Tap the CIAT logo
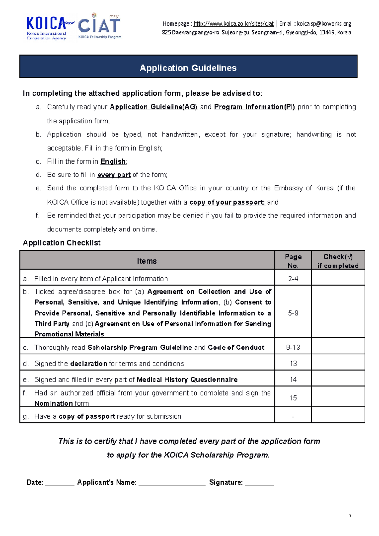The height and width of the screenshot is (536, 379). coord(99,27)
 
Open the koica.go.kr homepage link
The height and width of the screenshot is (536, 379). coord(233,24)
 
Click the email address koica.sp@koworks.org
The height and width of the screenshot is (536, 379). coord(324,24)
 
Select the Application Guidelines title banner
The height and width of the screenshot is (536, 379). coord(188,68)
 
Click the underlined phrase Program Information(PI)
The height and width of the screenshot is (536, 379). coord(255,107)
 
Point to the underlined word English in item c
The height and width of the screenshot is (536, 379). coord(113,162)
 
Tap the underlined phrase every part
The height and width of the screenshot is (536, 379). coord(114,175)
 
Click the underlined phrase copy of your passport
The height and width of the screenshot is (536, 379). coord(227,202)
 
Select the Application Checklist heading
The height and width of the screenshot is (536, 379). coord(62,243)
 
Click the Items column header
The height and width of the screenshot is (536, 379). coord(147,261)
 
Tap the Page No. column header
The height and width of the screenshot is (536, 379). coord(293,261)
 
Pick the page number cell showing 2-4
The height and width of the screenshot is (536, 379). coord(293,279)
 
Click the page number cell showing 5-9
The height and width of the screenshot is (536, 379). coord(293,313)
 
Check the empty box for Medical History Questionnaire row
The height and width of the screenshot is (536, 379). coord(338,379)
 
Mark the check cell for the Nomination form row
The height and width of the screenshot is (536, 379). coord(338,397)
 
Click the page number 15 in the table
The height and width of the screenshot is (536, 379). coord(293,398)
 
